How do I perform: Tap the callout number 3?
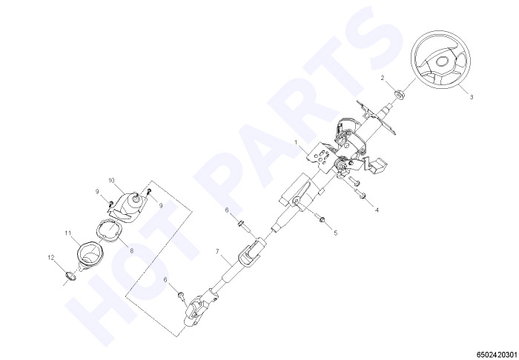[472, 97]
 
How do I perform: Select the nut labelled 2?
[400, 94]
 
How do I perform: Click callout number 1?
[297, 142]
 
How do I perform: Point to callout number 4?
[377, 210]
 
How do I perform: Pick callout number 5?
[336, 233]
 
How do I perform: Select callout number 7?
[217, 252]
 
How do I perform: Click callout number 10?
[111, 181]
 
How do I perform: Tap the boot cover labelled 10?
[128, 206]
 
